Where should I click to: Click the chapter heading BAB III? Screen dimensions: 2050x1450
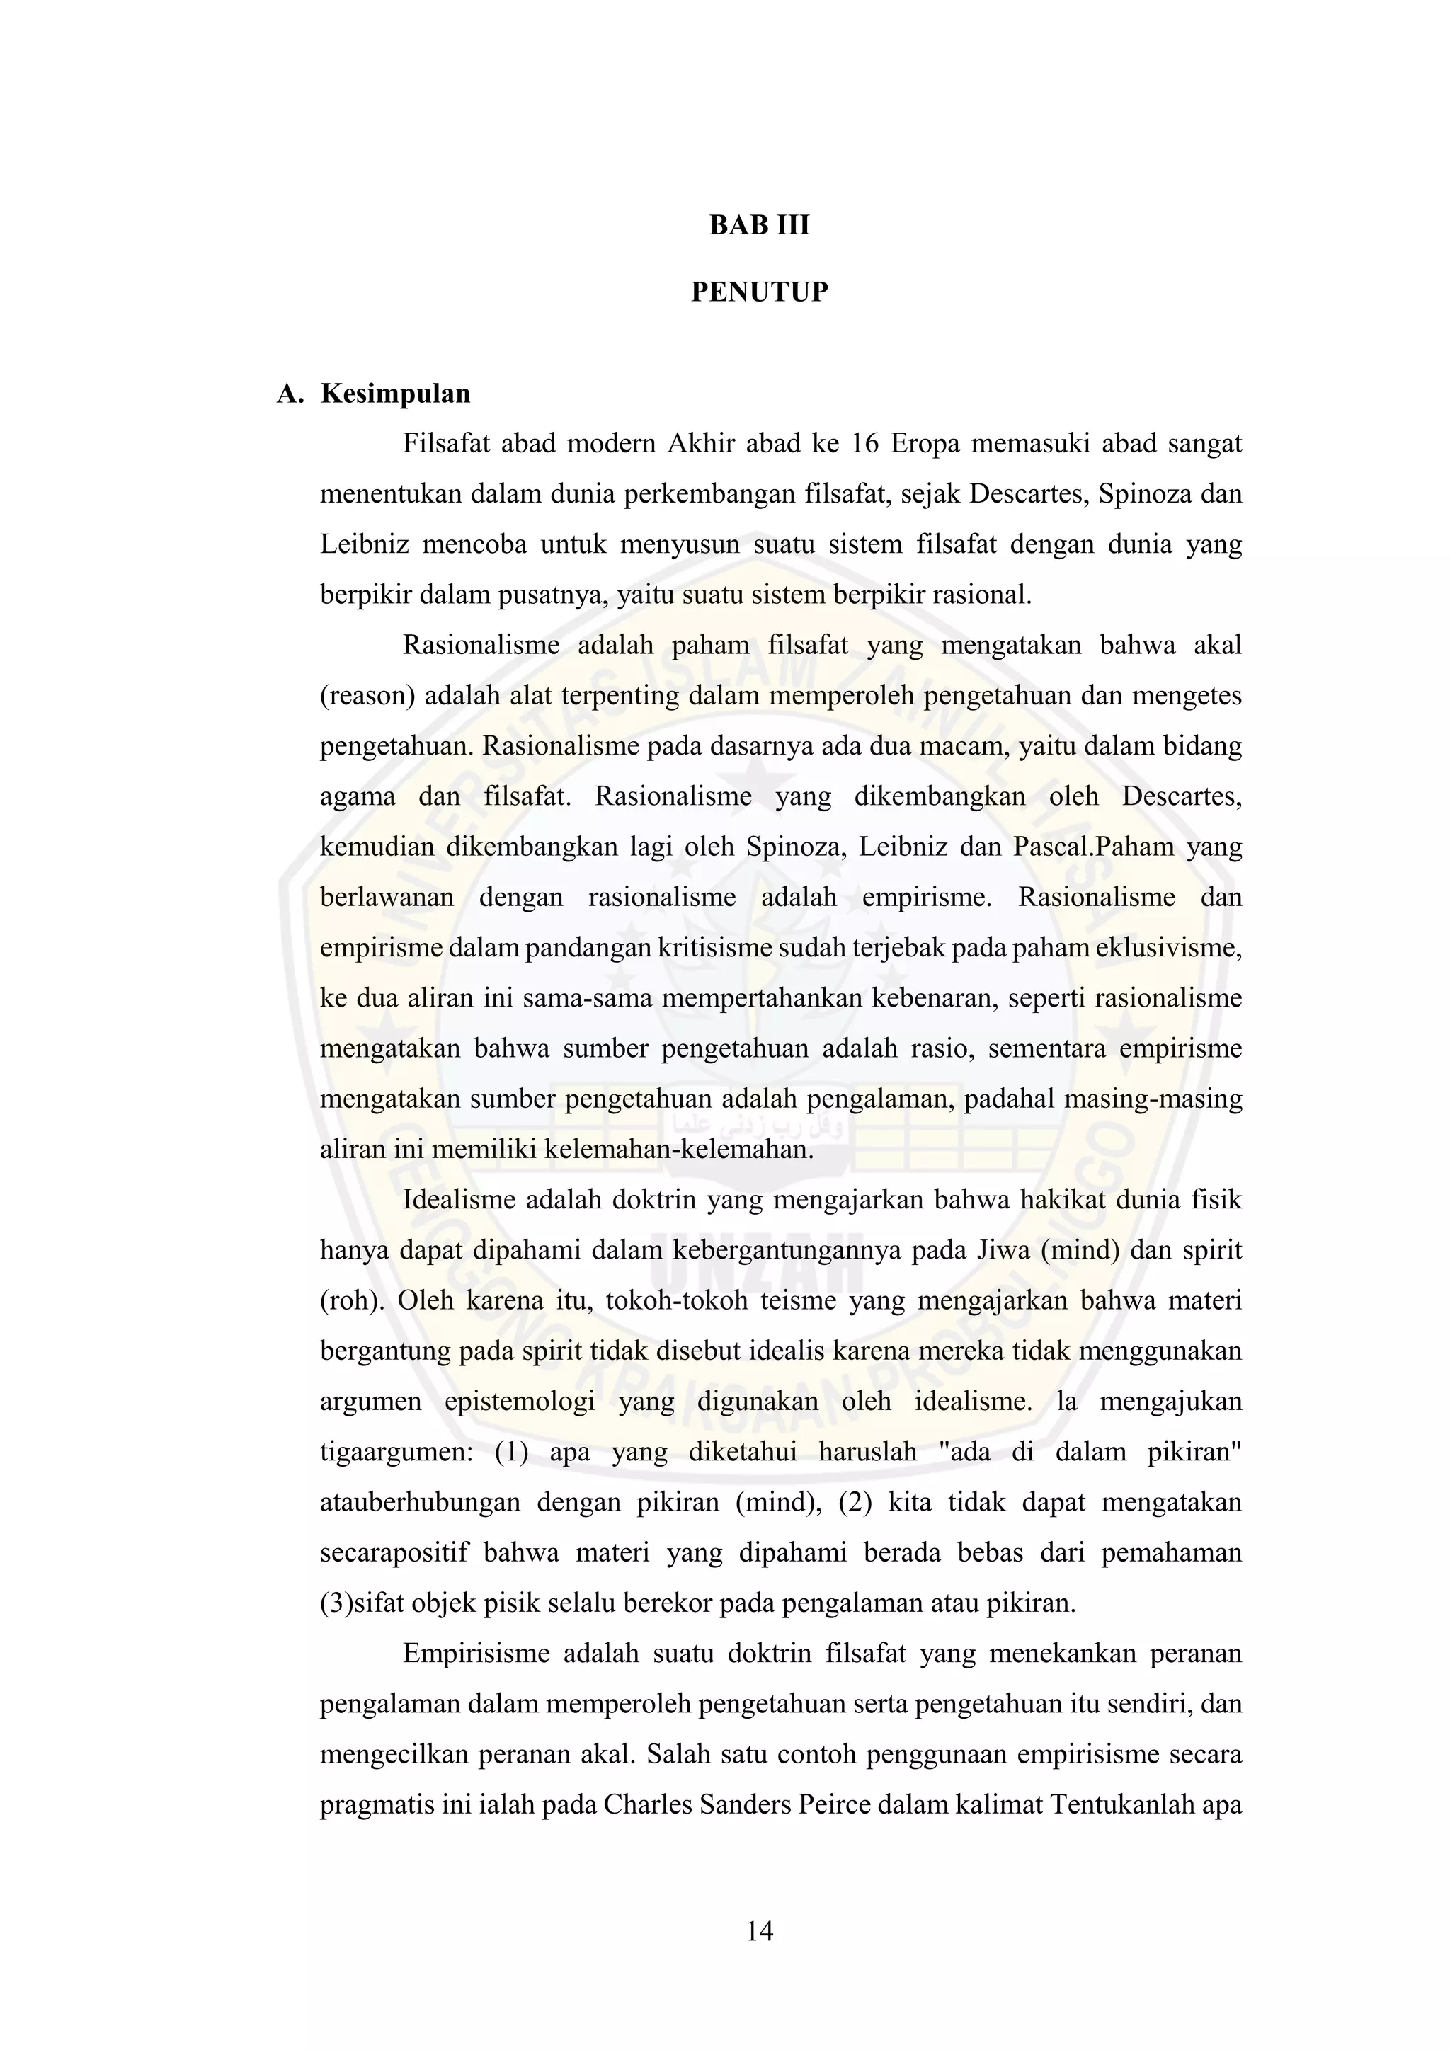(x=759, y=225)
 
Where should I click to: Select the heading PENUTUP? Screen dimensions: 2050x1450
(x=759, y=292)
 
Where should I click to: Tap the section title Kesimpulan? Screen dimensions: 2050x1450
(x=396, y=394)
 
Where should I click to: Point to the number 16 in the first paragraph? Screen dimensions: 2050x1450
(x=864, y=444)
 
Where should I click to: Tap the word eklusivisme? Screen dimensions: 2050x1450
(x=1169, y=947)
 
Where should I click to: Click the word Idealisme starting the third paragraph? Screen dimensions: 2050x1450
(x=457, y=1199)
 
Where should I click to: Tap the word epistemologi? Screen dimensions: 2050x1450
(x=520, y=1401)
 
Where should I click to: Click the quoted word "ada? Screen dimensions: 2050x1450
(x=965, y=1452)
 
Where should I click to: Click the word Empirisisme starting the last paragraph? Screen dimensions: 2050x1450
(x=476, y=1654)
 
